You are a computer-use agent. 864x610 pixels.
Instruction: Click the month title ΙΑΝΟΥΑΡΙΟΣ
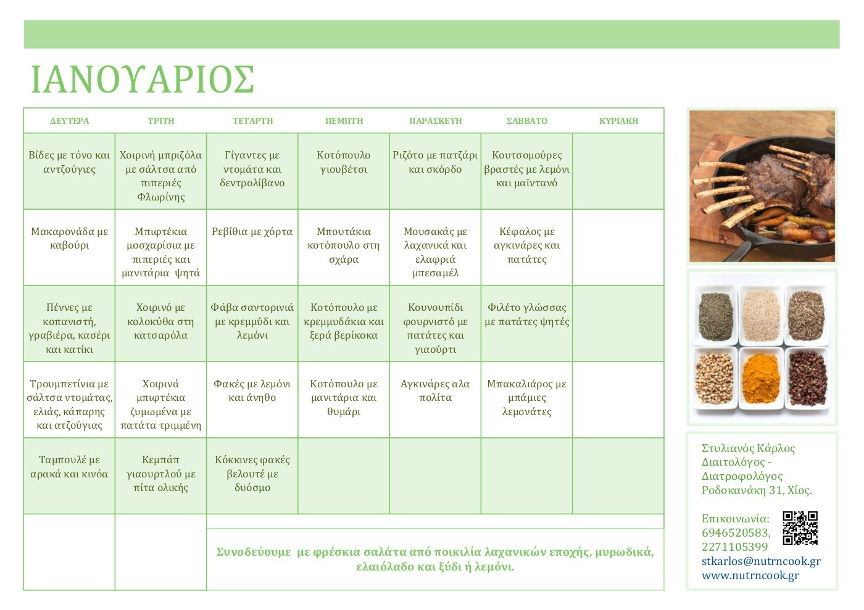(x=143, y=79)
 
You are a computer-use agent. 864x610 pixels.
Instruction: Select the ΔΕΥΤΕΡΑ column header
(x=69, y=121)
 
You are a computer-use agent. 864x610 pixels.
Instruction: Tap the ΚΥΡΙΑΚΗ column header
(x=618, y=121)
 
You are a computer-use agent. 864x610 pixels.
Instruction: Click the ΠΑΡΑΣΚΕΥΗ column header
(x=436, y=121)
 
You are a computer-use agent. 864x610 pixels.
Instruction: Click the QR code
(x=800, y=528)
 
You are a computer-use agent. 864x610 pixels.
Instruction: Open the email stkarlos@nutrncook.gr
(x=761, y=561)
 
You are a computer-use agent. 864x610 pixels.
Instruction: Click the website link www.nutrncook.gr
(x=750, y=575)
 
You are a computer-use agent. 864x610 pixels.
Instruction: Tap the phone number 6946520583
(x=736, y=532)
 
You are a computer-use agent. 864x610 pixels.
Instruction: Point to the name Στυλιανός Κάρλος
(x=748, y=448)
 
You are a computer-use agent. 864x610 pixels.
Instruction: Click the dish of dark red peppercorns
(x=807, y=378)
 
